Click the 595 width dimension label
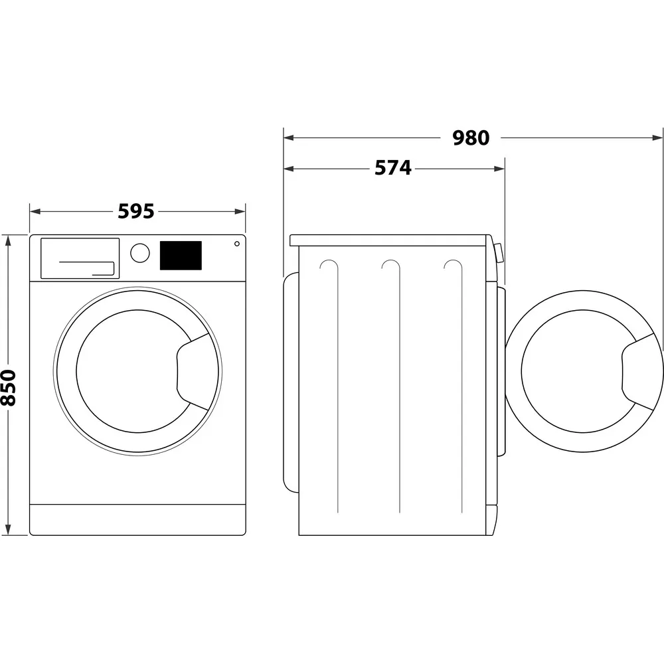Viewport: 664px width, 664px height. [x=136, y=211]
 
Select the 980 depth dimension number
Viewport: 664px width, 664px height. [x=471, y=138]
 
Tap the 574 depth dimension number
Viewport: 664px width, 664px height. [x=393, y=169]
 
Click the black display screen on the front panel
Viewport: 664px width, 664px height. [x=181, y=256]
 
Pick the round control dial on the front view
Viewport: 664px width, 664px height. [x=140, y=253]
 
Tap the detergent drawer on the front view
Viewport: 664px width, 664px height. [x=80, y=258]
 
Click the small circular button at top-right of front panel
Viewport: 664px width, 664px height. [x=236, y=244]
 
